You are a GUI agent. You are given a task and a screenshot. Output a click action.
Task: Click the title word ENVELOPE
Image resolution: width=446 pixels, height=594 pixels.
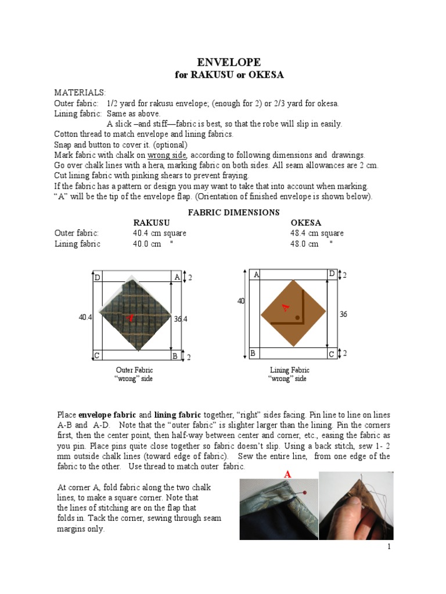229,62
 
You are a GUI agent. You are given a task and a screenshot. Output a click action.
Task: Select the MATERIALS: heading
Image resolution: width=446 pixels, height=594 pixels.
80,93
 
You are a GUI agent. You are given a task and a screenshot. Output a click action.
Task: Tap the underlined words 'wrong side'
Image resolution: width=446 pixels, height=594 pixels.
167,155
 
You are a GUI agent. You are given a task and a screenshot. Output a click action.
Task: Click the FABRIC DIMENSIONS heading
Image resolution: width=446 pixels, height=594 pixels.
233,212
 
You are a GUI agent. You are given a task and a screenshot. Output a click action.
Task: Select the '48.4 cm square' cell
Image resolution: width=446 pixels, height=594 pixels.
316,233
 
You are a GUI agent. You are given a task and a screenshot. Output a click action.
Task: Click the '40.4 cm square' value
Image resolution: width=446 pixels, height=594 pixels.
159,233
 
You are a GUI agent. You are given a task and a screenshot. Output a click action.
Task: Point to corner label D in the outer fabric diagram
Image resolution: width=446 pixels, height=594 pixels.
98,278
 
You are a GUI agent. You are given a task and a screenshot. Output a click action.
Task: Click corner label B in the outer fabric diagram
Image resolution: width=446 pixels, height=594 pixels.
174,356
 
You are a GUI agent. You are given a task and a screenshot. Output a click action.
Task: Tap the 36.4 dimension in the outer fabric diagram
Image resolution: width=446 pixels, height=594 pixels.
181,318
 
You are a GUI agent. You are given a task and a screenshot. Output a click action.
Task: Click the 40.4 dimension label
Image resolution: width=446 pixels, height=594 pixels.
85,317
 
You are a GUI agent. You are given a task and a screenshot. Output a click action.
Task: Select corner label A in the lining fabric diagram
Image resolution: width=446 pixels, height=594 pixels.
256,274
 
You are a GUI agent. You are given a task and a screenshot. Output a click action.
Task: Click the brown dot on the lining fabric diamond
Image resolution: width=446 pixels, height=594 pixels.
297,318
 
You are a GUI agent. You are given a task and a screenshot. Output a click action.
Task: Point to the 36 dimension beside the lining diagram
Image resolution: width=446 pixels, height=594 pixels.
343,314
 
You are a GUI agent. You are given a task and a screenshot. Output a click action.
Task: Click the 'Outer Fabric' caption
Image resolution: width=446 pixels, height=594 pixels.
135,370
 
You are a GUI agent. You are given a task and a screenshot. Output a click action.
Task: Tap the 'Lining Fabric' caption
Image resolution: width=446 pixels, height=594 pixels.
289,370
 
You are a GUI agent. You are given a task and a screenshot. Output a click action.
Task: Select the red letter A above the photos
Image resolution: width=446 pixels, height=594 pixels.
287,475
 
